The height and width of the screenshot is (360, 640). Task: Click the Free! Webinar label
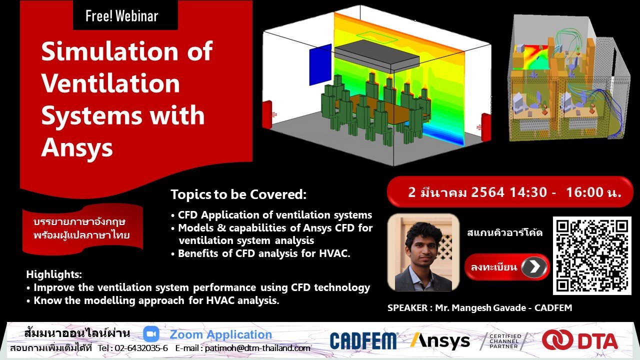[x=121, y=16]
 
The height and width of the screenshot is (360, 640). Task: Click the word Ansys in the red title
[x=77, y=148]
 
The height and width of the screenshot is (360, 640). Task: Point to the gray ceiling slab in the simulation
[x=377, y=55]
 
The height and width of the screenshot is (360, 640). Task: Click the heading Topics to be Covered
[x=238, y=194]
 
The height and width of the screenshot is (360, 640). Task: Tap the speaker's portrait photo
[x=423, y=252]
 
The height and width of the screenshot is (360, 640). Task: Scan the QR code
[x=592, y=255]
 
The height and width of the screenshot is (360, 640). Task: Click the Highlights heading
[x=54, y=274]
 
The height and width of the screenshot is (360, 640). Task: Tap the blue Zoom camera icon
[x=151, y=334]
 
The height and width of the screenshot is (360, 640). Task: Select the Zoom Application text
[x=220, y=334]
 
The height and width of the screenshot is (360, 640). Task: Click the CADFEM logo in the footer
[x=363, y=340]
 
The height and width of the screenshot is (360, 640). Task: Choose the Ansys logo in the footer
[x=440, y=340]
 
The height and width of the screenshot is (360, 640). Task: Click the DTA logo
[x=580, y=340]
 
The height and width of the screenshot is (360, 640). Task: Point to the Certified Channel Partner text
[x=505, y=341]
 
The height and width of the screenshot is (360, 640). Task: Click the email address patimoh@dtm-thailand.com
[x=257, y=348]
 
